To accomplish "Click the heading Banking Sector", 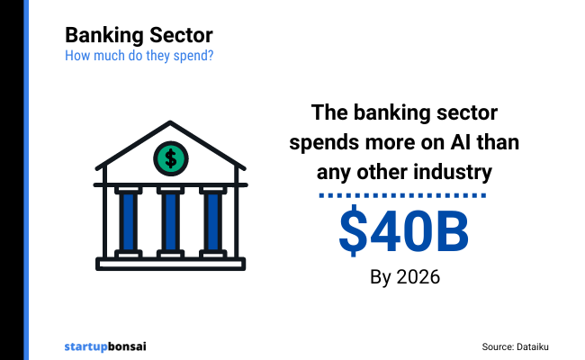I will coord(139,36).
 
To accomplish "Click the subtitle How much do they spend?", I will coord(139,56).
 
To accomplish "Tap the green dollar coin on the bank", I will coord(170,158).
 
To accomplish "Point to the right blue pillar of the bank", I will coord(212,220).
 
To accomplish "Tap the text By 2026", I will coord(404,276).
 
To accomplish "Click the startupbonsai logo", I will coord(105,345).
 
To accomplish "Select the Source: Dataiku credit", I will coord(521,346).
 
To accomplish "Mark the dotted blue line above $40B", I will coord(403,194).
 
